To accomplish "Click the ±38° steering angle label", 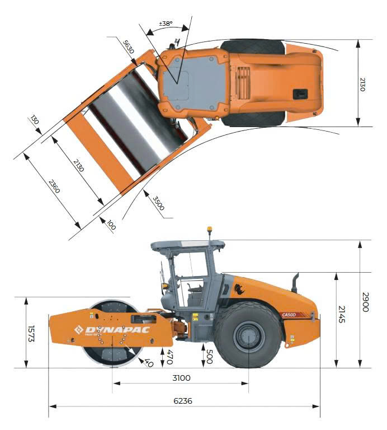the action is click(166, 24).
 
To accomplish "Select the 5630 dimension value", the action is click(129, 47).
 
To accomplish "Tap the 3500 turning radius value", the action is click(159, 203).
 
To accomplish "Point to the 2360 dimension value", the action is click(54, 186).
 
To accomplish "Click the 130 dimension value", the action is click(35, 120).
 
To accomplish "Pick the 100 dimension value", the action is click(111, 225).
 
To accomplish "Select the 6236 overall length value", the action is click(183, 401).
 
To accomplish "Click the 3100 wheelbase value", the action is click(181, 378).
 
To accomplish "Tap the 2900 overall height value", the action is click(366, 302).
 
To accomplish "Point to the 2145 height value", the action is click(342, 314).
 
